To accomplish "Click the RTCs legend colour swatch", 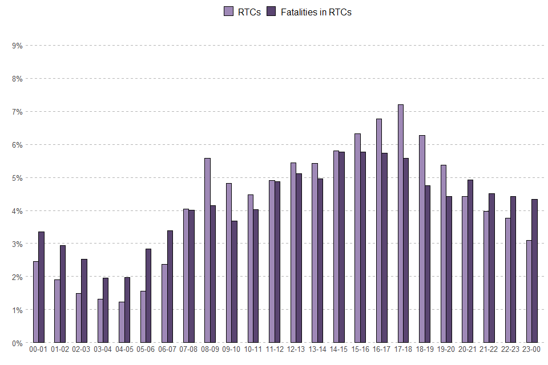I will (x=228, y=12).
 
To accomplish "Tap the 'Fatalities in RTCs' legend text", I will (x=316, y=12).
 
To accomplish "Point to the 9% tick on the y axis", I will (x=16, y=45).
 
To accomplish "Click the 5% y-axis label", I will (x=16, y=177).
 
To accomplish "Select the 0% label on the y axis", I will (x=16, y=343).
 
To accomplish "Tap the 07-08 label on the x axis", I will (x=188, y=350).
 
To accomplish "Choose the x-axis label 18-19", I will (x=425, y=350).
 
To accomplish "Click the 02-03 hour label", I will (x=81, y=350).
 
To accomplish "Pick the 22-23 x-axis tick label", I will (x=510, y=350).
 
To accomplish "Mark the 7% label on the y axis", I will (x=16, y=111).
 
